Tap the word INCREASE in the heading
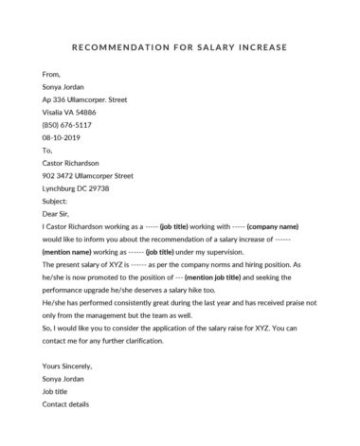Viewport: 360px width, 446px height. [x=267, y=46]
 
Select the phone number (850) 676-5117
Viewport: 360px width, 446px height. [x=65, y=124]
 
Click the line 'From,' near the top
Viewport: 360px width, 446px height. [x=51, y=72]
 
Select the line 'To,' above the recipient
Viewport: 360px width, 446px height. [x=48, y=150]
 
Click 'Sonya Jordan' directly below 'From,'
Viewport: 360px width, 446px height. [x=64, y=85]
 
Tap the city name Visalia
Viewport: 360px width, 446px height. [x=55, y=111]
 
